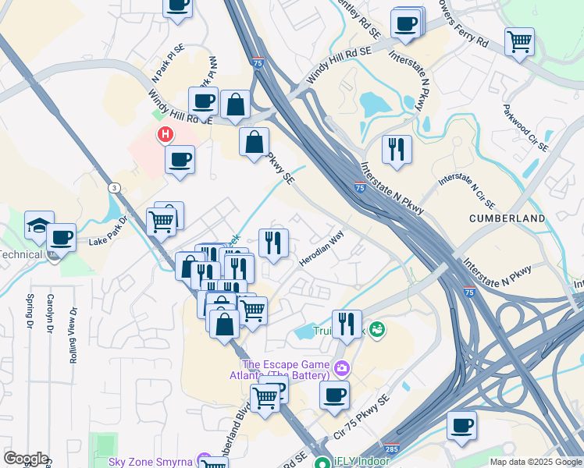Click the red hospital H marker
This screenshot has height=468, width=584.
pyautogui.click(x=166, y=135)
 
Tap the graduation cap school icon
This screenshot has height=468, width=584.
pyautogui.click(x=38, y=225)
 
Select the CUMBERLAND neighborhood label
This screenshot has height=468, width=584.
pyautogui.click(x=507, y=219)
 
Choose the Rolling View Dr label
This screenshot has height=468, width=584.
pyautogui.click(x=73, y=335)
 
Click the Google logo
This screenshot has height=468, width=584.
pyautogui.click(x=25, y=459)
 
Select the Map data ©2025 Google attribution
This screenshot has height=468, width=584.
pyautogui.click(x=535, y=462)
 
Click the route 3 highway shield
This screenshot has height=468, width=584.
pyautogui.click(x=115, y=188)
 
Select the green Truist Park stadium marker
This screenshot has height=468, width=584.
pyautogui.click(x=378, y=329)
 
